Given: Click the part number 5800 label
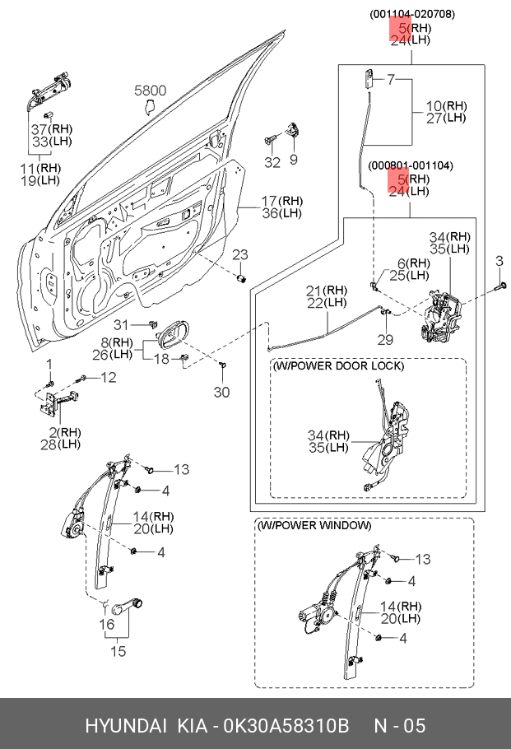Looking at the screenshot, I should [x=151, y=91].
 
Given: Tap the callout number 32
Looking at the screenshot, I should [x=272, y=162].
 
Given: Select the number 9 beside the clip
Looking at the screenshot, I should [x=294, y=159].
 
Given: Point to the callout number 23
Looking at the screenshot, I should [x=239, y=254].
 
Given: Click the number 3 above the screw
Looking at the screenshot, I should [x=499, y=262].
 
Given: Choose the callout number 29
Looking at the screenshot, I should [x=385, y=340].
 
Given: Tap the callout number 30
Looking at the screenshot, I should [x=222, y=393].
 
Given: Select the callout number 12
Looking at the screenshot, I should [x=109, y=377].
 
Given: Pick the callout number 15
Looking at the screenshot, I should [x=119, y=652].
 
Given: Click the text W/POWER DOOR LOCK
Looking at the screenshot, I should [x=337, y=365].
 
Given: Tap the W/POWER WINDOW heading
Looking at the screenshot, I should [x=314, y=525].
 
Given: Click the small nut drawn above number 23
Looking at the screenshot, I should [x=241, y=277].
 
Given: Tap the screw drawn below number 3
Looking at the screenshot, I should [x=501, y=286].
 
